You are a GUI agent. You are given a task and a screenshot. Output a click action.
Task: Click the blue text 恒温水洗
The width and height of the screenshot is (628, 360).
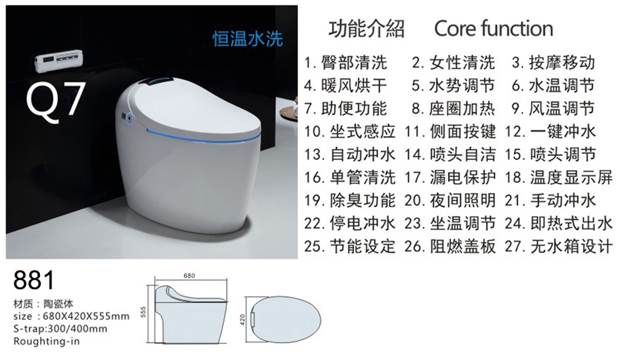point(248,38)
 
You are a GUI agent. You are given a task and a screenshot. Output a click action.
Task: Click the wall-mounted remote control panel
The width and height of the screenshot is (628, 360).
point(58,61)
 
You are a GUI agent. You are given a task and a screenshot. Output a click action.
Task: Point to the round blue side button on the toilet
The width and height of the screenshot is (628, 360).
point(129,118)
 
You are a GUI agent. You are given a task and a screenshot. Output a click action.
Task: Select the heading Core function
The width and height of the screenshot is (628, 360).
point(493,28)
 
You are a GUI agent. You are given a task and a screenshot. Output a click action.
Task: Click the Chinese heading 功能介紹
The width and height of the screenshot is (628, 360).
point(366,28)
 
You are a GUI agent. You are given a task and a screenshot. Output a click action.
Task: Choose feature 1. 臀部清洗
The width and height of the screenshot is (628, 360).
point(346,63)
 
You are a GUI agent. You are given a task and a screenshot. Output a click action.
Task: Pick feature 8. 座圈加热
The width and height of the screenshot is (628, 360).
point(453,108)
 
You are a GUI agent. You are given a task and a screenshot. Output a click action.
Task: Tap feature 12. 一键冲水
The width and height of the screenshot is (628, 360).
point(550,132)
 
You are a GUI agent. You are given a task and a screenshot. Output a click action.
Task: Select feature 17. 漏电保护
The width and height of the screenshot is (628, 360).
point(450,178)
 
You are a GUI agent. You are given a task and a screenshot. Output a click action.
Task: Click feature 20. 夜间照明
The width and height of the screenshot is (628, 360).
point(450,200)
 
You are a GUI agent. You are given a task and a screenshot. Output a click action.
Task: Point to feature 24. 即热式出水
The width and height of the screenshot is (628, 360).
point(559,223)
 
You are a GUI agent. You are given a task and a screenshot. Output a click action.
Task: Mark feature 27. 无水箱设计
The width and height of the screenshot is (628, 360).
point(559,246)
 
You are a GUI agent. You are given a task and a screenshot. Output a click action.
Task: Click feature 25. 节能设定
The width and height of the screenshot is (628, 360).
point(349,246)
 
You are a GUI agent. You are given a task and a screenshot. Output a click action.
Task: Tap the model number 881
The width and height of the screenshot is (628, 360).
point(34,280)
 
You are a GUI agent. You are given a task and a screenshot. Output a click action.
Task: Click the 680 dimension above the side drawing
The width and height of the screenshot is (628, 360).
point(189,275)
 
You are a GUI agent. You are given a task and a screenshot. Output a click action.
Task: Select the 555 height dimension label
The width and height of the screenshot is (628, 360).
point(144,312)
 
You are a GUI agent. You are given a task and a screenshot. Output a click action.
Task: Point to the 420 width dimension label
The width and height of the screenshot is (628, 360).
point(242,319)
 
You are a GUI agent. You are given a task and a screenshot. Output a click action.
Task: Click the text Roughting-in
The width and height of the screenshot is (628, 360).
point(46,342)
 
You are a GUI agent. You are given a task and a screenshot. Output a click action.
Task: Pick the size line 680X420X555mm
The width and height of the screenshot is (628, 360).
point(72,316)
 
